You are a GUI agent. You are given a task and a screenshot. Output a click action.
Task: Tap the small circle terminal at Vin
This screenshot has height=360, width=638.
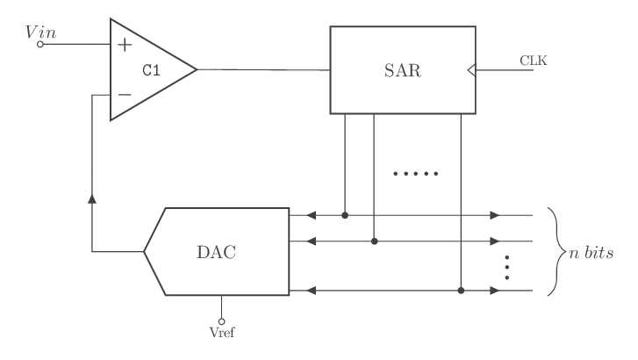[x=40, y=44]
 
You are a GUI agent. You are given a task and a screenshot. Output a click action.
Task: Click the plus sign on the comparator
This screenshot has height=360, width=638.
[x=125, y=44]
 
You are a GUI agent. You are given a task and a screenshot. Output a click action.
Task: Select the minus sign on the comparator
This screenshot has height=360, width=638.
[x=125, y=94]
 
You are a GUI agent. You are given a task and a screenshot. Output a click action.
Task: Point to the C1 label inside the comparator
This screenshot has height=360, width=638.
[x=151, y=69]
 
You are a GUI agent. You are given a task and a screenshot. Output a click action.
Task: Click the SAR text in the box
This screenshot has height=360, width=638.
[x=404, y=70]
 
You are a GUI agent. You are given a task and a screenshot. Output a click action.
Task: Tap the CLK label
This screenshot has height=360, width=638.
[x=534, y=61]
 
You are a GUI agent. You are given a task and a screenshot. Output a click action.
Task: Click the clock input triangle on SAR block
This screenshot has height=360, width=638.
[x=471, y=70]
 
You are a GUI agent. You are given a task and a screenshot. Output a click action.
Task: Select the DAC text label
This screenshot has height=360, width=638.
[x=216, y=252]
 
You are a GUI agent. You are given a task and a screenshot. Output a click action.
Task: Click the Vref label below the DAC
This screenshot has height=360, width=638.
[x=222, y=333]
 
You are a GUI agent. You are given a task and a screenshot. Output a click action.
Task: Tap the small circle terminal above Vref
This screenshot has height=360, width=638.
[x=222, y=320]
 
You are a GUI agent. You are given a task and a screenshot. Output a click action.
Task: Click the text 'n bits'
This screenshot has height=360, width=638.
[x=591, y=253]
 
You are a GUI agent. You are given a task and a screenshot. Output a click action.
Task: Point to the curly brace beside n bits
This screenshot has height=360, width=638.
[x=552, y=252]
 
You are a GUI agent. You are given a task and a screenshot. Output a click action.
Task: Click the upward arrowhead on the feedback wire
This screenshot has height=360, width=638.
[x=92, y=199]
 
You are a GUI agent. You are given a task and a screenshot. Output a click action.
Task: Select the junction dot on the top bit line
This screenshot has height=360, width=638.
[x=345, y=214]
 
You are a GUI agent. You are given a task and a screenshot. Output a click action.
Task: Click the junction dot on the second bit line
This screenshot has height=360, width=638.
[x=374, y=241]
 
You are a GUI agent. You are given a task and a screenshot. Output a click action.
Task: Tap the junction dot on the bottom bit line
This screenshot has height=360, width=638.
[x=461, y=290]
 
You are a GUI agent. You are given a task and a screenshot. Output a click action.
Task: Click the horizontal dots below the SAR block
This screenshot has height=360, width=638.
[x=415, y=174]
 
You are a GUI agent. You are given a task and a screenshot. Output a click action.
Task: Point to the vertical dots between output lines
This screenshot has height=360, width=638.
[x=508, y=265]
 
